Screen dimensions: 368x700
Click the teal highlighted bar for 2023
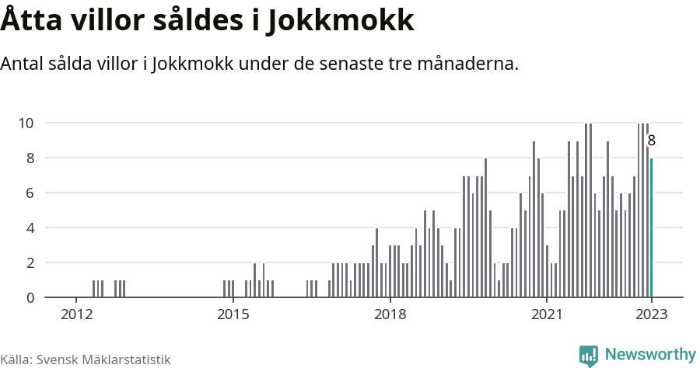point(652,227)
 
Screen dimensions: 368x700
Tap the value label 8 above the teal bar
point(652,141)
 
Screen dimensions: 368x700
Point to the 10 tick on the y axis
point(26,123)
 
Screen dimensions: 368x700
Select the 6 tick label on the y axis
point(30,193)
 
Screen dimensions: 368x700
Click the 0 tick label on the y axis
point(30,298)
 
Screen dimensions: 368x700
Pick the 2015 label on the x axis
point(233,314)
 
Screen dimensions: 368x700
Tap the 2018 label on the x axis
point(390,314)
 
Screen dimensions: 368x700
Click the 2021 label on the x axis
point(547,314)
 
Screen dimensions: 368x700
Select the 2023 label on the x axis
point(651,314)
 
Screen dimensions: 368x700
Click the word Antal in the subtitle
point(24,64)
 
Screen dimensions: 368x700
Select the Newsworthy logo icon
point(589,356)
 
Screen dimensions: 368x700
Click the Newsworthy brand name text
point(649,355)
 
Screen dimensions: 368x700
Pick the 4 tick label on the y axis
point(30,228)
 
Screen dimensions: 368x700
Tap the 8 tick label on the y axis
point(30,158)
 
